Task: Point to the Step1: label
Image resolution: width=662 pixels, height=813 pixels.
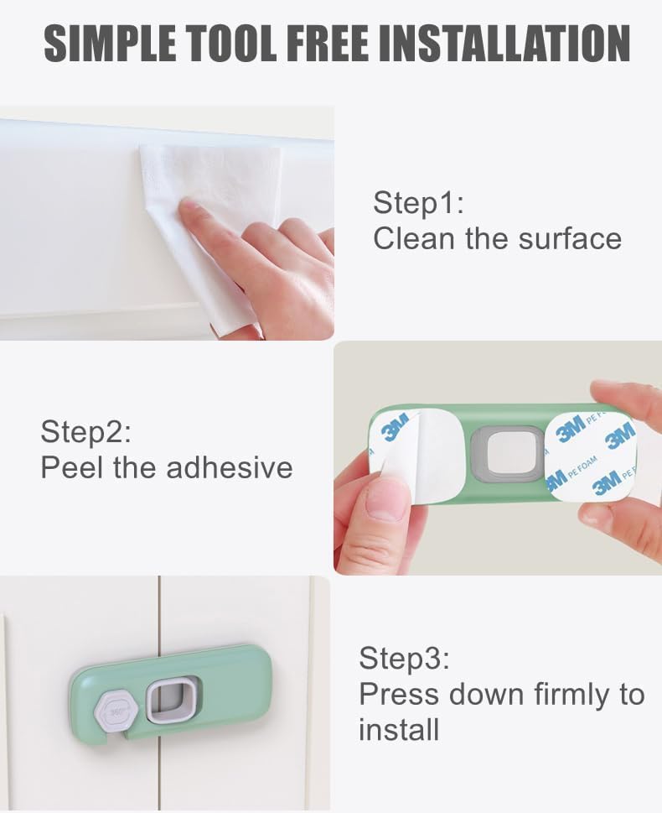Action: click(418, 204)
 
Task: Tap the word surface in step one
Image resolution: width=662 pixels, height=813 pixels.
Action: click(570, 239)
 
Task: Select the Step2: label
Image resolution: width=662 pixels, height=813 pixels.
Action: click(86, 433)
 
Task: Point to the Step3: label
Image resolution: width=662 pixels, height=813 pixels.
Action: click(405, 659)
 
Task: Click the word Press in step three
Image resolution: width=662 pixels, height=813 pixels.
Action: click(400, 695)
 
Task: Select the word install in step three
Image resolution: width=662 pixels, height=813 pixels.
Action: click(399, 730)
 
